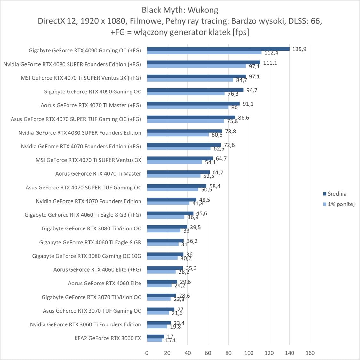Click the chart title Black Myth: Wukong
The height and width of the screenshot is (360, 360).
[x=180, y=10]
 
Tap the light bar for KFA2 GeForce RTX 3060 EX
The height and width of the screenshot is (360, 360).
[x=155, y=340]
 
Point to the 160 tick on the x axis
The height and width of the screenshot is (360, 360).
[x=310, y=353]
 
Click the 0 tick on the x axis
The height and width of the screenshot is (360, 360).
[x=147, y=353]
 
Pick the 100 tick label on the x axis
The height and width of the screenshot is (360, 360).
[x=249, y=353]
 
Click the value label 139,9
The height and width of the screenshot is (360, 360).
[x=299, y=49]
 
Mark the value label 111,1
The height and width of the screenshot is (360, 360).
[x=270, y=63]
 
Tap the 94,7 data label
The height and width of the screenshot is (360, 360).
[x=252, y=90]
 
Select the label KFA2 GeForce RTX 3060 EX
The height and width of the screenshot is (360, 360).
[x=108, y=338]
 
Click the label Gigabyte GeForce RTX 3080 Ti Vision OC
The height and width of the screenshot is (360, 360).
[x=91, y=228]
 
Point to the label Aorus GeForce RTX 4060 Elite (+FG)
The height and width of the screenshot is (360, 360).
[x=97, y=269]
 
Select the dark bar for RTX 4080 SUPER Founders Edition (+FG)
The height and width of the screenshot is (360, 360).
[x=204, y=63]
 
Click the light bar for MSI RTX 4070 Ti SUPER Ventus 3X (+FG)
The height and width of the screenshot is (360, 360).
[x=190, y=80]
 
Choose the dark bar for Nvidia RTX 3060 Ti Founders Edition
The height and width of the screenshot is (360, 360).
[x=159, y=323]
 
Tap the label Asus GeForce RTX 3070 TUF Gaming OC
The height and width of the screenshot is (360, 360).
[x=92, y=311]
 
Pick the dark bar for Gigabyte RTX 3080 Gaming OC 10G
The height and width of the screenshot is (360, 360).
[x=165, y=254]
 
